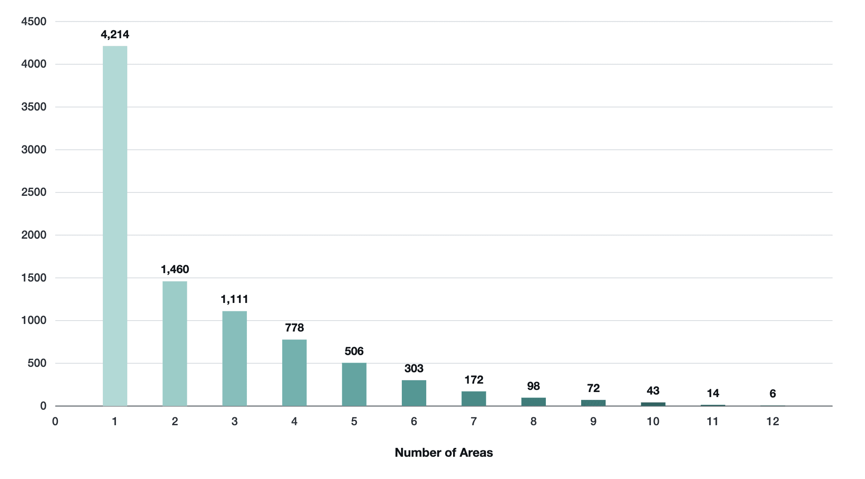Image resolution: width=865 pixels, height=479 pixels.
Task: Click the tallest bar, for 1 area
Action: coord(115,226)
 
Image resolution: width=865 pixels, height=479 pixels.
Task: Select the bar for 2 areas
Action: coord(175,344)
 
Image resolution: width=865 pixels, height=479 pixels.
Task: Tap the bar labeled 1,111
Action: coord(235,359)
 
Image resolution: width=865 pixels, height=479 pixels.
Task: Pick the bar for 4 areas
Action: coord(294,373)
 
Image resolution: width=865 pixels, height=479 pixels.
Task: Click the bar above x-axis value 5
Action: coord(354,384)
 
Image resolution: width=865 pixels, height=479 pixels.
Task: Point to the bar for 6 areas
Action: coord(414,393)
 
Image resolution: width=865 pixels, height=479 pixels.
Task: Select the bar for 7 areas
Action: coord(474,399)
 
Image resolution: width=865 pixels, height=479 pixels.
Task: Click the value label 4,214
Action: coord(115,34)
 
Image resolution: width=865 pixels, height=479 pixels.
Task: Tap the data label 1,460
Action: coord(175,269)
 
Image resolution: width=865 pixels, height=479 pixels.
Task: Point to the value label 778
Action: coord(294,328)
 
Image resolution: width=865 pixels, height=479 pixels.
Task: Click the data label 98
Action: coord(533,386)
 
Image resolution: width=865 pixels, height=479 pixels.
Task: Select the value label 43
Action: coord(653,391)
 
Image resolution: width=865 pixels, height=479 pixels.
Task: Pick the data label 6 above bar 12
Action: coord(773,394)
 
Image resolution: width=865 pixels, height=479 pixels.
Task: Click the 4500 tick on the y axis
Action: coord(34,21)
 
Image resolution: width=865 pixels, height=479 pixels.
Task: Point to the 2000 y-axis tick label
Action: coord(34,235)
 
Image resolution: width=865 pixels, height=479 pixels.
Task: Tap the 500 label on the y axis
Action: coord(37,363)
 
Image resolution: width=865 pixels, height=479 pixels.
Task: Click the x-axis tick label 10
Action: coord(653,421)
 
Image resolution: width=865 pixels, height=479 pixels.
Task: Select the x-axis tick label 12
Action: coord(773,421)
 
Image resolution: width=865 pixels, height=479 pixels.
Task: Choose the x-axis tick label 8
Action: coord(533,421)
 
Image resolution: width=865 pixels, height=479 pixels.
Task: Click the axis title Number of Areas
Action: coord(444,453)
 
